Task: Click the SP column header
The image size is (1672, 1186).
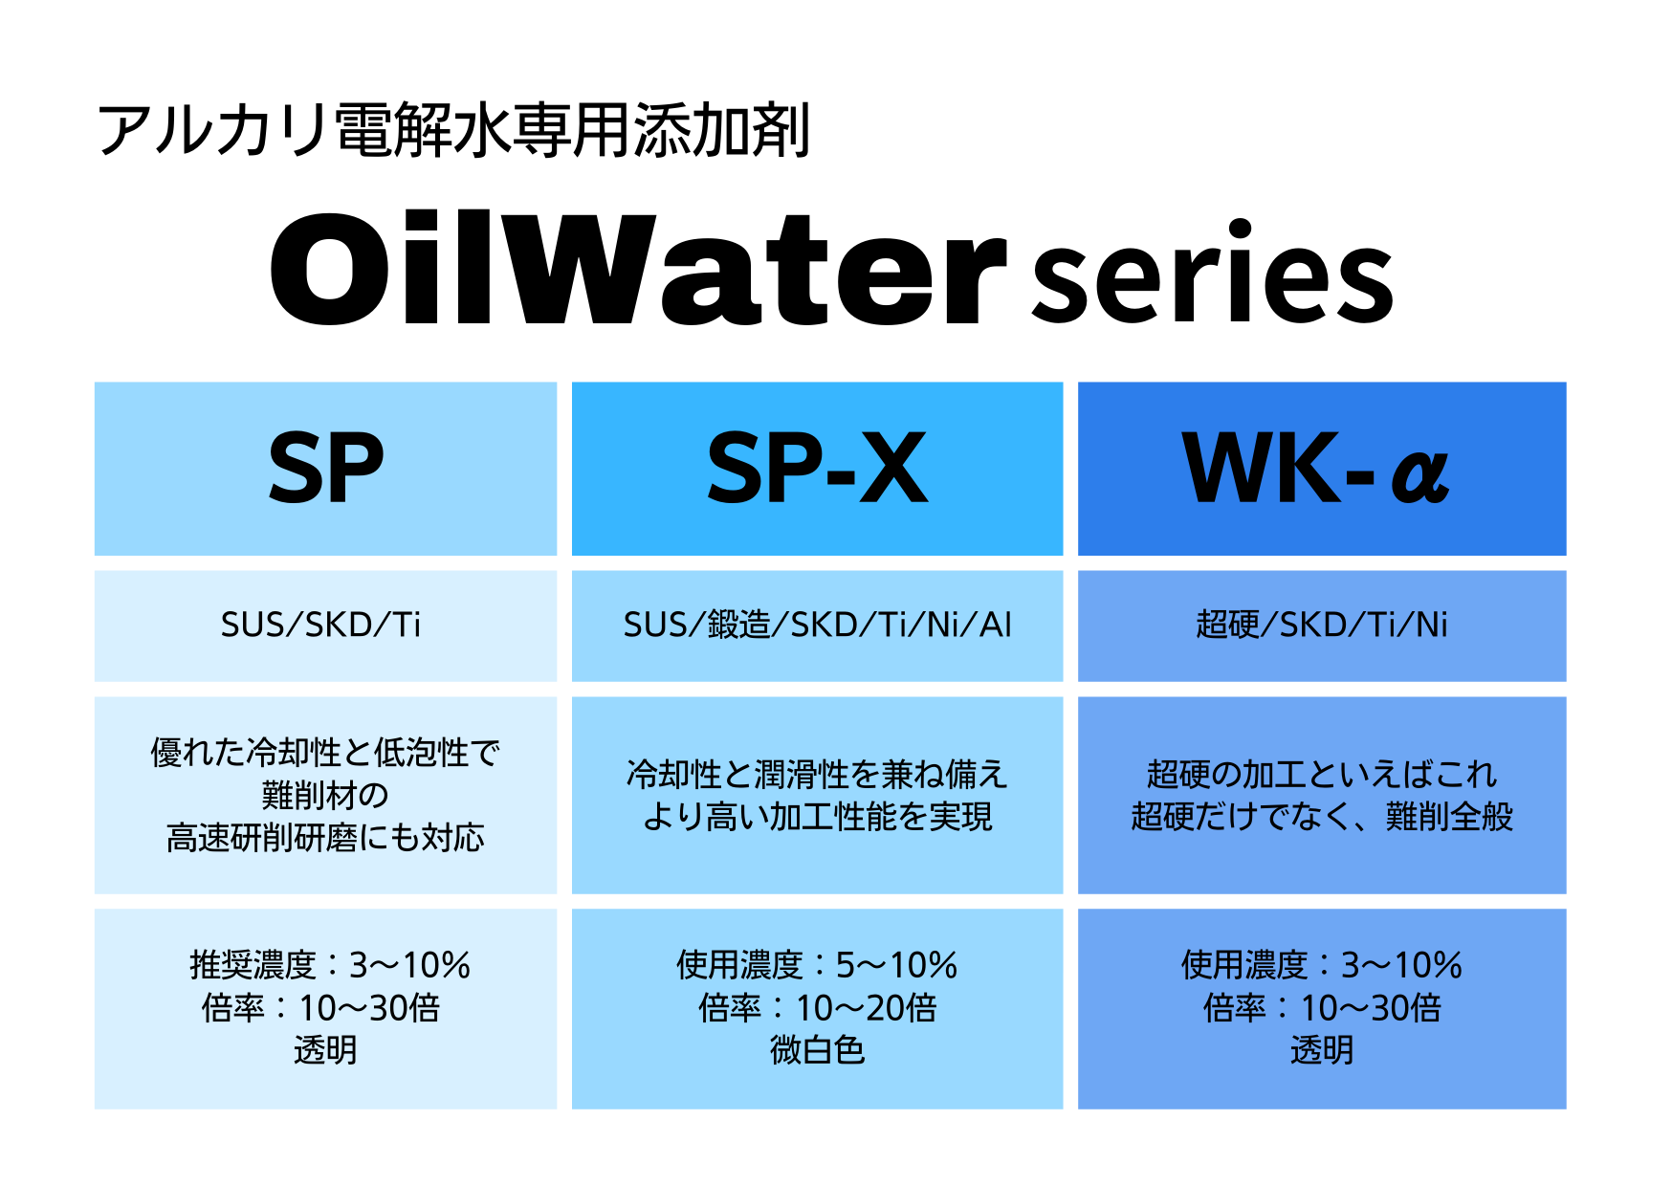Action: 326,468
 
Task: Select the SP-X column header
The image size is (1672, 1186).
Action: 817,468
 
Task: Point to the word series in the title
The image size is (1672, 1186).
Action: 1213,273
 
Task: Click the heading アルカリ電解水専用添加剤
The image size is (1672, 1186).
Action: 453,130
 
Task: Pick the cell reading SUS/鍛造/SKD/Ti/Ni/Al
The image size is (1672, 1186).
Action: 818,625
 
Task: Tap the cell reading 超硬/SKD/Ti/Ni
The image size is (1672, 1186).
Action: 1322,625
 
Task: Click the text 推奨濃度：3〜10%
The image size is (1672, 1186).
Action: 330,965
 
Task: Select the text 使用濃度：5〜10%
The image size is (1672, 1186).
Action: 817,965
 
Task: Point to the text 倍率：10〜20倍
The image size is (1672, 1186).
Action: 818,1008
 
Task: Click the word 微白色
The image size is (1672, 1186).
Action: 818,1050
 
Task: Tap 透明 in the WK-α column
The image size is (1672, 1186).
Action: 1322,1050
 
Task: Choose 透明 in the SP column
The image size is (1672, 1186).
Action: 325,1050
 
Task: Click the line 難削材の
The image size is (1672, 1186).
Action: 325,795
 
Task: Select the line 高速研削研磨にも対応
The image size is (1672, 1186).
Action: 325,838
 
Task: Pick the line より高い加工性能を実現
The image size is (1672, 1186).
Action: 818,817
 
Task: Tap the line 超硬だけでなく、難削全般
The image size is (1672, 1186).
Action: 1322,817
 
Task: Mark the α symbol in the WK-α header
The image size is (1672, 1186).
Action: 1420,475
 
